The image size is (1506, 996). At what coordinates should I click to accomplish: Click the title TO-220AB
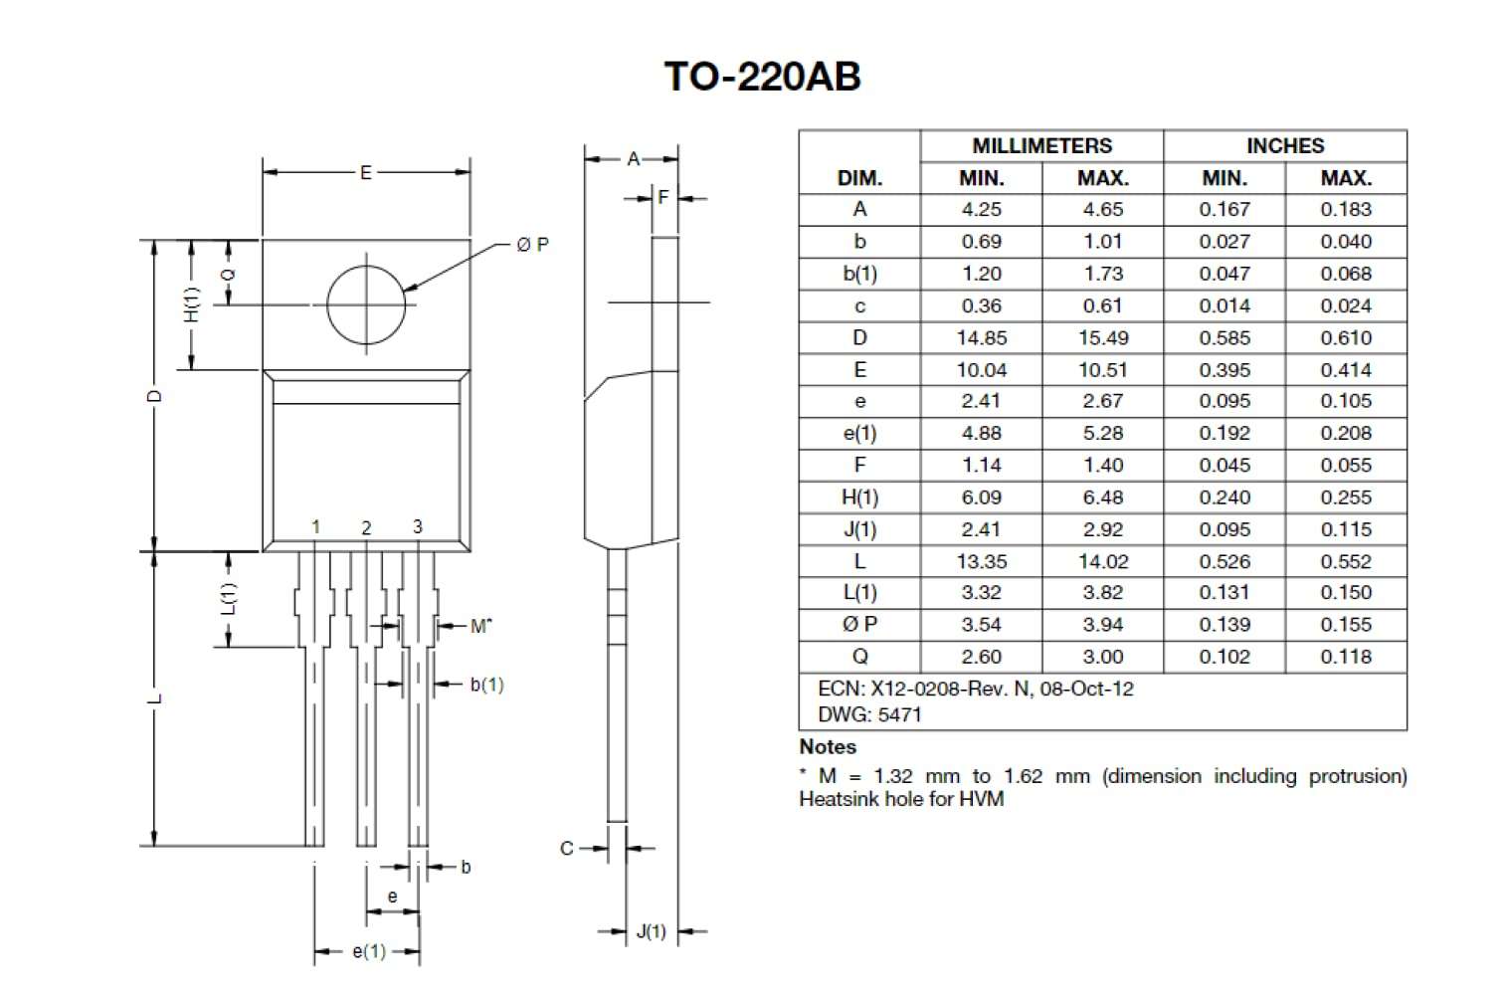point(762,77)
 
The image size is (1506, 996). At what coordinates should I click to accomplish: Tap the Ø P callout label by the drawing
point(532,245)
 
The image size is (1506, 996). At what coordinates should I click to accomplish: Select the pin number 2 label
point(366,528)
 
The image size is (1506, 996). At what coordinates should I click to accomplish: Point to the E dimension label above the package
point(365,173)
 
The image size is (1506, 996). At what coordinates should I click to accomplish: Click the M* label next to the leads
point(480,626)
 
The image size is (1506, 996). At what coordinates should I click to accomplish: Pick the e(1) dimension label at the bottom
point(368,952)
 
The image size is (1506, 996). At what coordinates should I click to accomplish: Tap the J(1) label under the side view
point(651,932)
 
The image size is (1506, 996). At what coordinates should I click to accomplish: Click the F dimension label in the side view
point(663,198)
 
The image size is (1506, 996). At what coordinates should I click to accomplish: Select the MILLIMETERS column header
point(1041,146)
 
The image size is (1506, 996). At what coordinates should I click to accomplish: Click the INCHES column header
point(1284,146)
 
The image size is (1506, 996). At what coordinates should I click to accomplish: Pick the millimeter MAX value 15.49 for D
point(1102,338)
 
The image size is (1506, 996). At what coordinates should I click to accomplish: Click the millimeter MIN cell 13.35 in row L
point(981,562)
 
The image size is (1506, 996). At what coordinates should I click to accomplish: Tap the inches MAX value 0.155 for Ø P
point(1345,625)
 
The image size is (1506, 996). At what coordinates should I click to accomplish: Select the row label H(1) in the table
point(859,498)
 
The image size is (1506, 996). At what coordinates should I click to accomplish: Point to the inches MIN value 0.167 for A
point(1224,210)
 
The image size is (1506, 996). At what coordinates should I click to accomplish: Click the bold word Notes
point(828,747)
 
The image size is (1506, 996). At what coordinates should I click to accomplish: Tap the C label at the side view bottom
point(566,849)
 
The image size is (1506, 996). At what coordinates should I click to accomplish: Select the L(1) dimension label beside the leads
point(229,598)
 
